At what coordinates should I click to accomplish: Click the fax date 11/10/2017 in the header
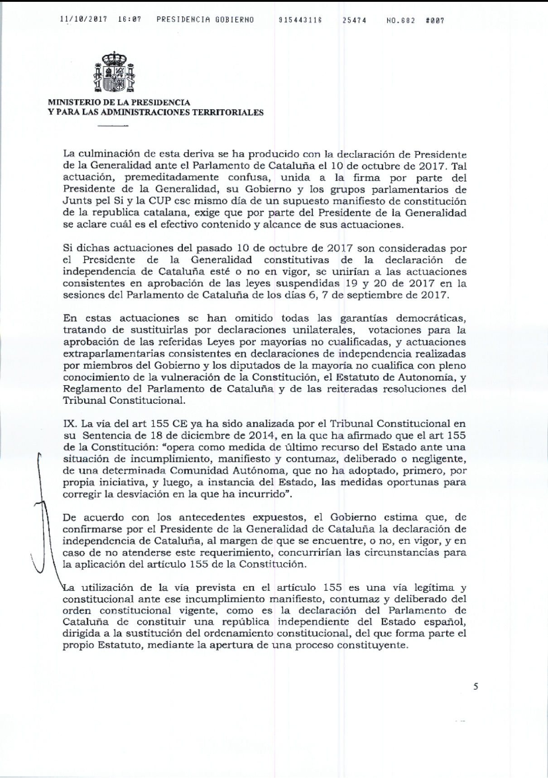[83, 20]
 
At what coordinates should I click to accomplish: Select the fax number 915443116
[300, 20]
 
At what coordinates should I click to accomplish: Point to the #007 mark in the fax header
[435, 20]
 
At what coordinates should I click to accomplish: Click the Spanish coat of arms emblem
[114, 72]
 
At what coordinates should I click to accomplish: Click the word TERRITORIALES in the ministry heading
[228, 113]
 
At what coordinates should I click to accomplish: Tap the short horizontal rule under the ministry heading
[113, 126]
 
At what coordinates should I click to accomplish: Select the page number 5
[476, 686]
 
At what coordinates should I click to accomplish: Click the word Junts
[76, 201]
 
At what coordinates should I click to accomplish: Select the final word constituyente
[369, 645]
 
